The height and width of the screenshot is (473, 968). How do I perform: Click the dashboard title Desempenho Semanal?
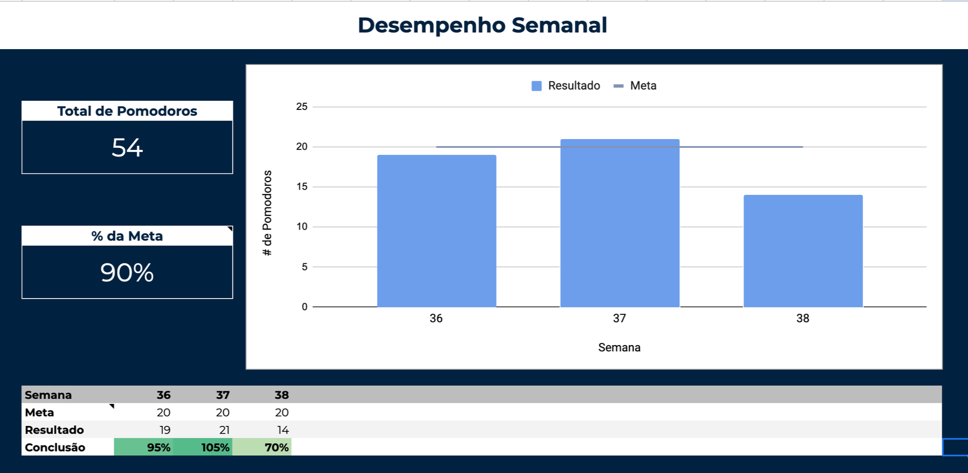(482, 25)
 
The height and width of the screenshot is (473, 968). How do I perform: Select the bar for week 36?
(436, 231)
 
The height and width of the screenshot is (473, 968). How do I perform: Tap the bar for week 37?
(620, 223)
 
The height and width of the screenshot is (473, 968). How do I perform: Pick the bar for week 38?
(803, 251)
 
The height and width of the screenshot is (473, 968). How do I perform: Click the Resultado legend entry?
(566, 86)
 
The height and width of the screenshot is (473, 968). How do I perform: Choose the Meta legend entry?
(635, 86)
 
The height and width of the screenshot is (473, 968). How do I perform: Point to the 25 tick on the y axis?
(302, 106)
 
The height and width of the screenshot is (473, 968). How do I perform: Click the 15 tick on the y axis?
(302, 187)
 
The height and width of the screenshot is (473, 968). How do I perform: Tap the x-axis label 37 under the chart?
(619, 319)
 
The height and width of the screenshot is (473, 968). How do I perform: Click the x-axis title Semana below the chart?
(619, 348)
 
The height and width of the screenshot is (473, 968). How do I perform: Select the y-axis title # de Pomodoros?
(267, 213)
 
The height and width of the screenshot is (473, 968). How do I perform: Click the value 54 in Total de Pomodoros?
(127, 148)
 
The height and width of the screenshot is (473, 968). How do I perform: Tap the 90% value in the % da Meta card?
(127, 273)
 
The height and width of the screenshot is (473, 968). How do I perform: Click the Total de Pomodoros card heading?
(127, 111)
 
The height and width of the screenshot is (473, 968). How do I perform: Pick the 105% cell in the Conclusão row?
(203, 447)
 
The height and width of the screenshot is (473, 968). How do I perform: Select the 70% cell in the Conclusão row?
(262, 447)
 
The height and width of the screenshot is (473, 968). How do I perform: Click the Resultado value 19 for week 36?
(165, 430)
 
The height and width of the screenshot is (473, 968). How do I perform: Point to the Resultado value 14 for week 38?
(283, 430)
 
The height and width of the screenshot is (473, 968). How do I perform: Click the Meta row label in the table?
(39, 413)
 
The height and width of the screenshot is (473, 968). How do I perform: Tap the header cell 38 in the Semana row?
(282, 395)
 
